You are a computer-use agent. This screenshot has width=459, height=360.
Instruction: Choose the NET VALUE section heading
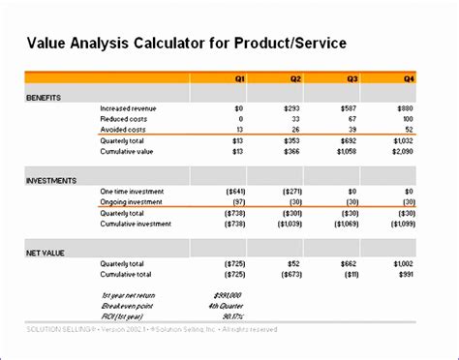pos(45,252)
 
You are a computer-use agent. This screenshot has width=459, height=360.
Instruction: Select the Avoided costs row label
pos(123,130)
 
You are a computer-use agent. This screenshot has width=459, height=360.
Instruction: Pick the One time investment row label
pos(133,192)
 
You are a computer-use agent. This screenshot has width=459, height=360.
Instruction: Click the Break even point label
pos(127,305)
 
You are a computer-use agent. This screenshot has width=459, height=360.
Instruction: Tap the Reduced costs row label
pos(123,120)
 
